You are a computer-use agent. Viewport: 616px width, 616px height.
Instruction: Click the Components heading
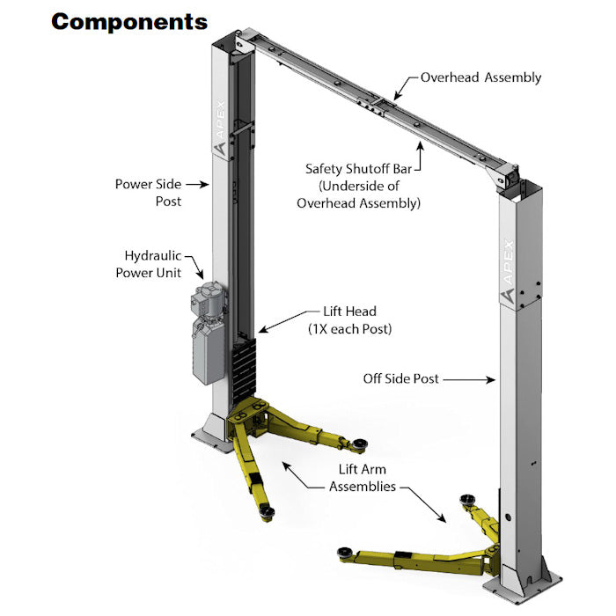pyautogui.click(x=129, y=21)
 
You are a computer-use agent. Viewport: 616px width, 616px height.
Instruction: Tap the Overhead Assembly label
pyautogui.click(x=480, y=77)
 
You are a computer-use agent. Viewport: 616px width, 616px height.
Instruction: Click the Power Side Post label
pyautogui.click(x=148, y=193)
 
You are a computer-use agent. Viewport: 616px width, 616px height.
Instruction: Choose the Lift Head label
pyautogui.click(x=349, y=312)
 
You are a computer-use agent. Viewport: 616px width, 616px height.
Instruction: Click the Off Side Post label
pyautogui.click(x=400, y=379)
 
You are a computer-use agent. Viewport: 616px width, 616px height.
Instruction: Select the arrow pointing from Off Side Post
pyautogui.click(x=471, y=380)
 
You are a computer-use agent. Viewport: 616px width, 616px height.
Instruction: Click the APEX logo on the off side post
pyautogui.click(x=508, y=268)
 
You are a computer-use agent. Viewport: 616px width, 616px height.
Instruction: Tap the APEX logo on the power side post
pyautogui.click(x=218, y=123)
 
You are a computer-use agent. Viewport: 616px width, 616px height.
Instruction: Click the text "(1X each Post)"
pyautogui.click(x=349, y=329)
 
